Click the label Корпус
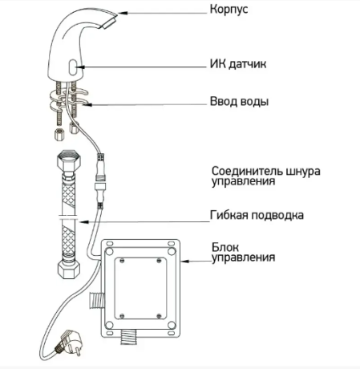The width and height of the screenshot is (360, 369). [x=229, y=10]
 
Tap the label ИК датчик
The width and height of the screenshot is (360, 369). [x=238, y=64]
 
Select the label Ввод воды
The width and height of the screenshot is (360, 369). [x=239, y=102]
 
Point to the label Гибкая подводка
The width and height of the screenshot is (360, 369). [x=257, y=215]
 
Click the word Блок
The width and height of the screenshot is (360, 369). [x=225, y=247]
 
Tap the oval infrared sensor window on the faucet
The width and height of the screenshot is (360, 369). [x=72, y=67]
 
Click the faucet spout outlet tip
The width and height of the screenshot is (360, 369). [x=110, y=22]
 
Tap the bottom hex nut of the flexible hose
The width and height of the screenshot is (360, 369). [x=69, y=269]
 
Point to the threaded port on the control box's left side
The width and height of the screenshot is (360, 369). [x=97, y=300]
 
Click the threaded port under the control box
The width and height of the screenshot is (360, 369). [x=129, y=338]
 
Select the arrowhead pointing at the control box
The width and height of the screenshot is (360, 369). [x=185, y=261]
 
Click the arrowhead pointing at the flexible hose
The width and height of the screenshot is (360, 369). [x=84, y=221]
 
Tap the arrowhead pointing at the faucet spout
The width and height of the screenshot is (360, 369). [x=123, y=13]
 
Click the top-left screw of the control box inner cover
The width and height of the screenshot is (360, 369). [x=122, y=261]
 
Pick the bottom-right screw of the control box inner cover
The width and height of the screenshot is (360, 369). [x=159, y=316]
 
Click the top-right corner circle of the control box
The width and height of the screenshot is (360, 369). [x=172, y=252]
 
